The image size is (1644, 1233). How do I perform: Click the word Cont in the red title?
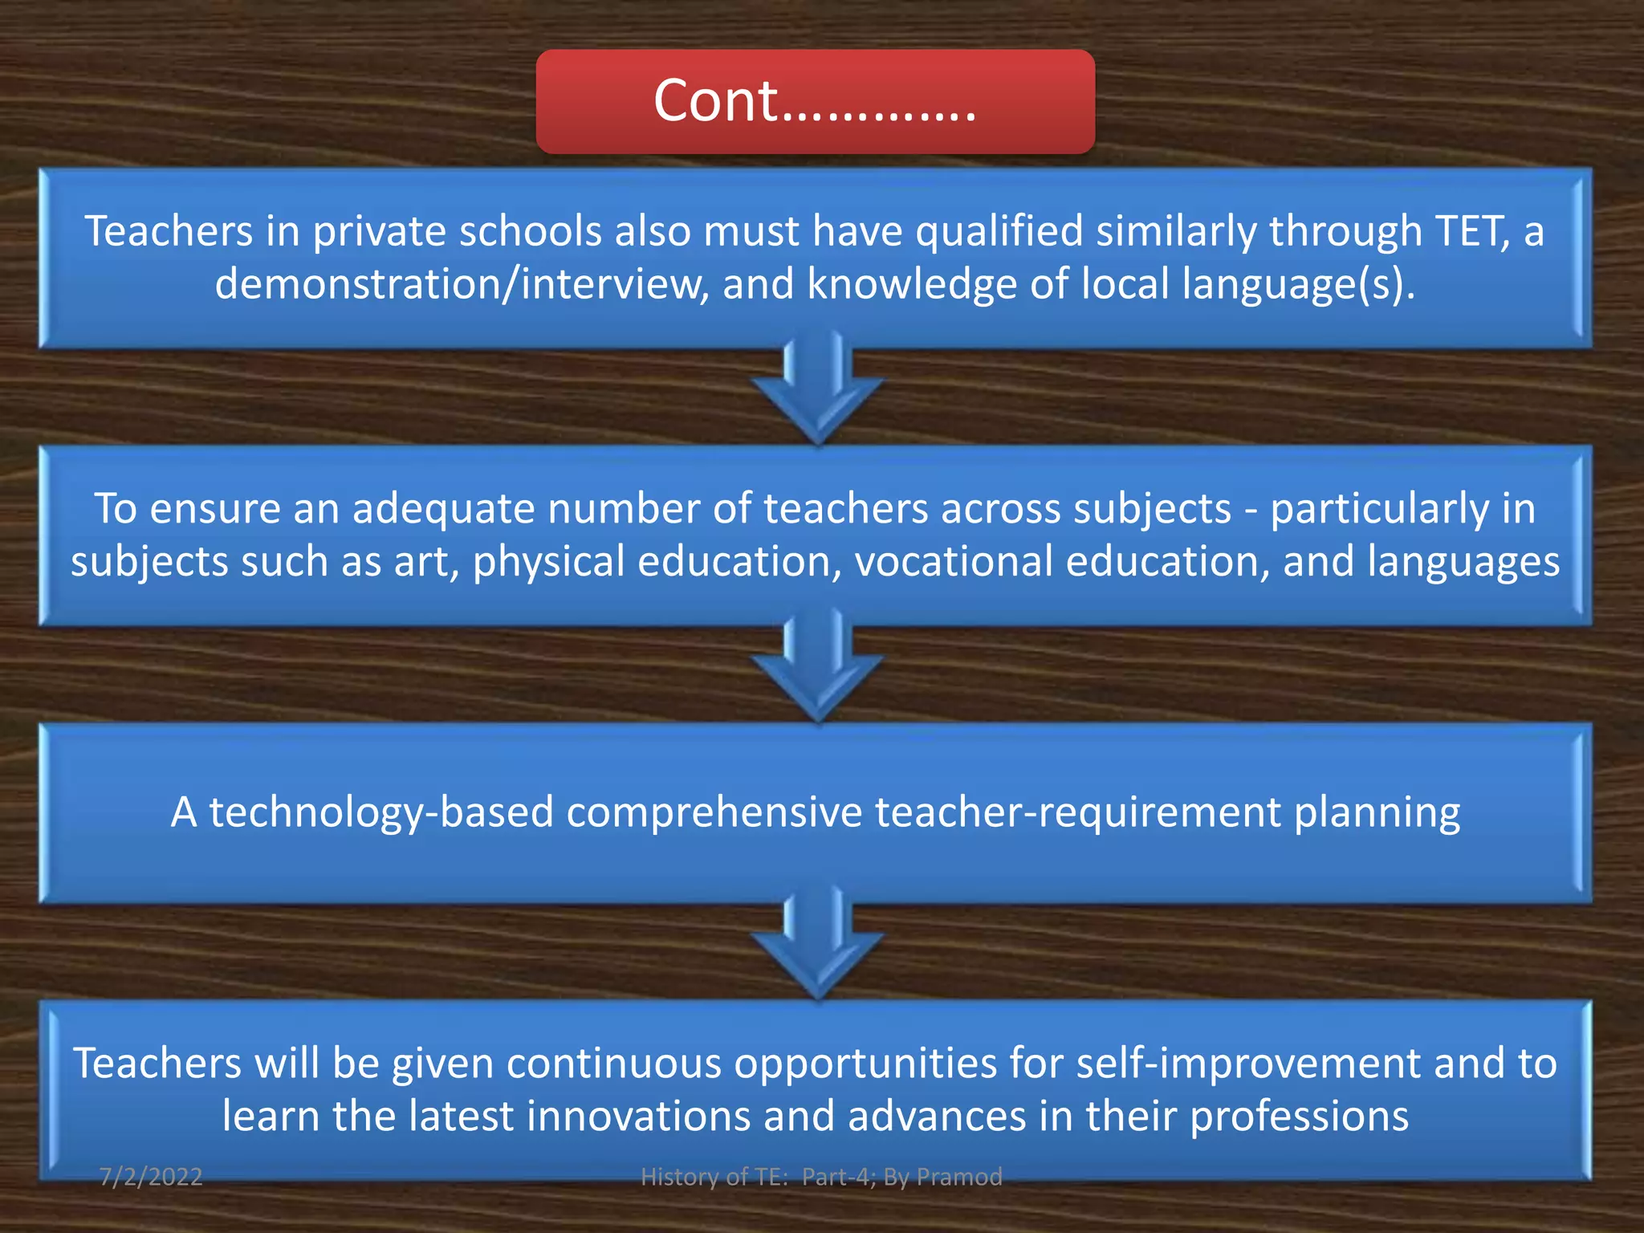coord(715,101)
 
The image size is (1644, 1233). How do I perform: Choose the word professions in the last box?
coord(1299,1117)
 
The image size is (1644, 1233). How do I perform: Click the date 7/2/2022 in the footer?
coord(151,1177)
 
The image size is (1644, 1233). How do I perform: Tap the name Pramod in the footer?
coord(959,1177)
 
